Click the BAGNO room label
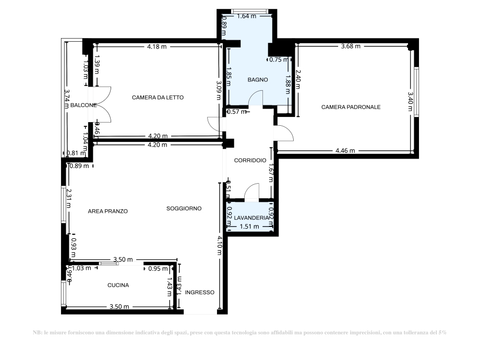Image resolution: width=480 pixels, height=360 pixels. click(x=258, y=80)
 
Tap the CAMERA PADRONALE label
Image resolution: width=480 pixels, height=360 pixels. click(x=351, y=107)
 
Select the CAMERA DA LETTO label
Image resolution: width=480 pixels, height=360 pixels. click(x=158, y=98)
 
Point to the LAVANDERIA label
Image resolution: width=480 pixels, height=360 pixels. click(x=251, y=218)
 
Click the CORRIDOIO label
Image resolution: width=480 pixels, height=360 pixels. click(x=250, y=160)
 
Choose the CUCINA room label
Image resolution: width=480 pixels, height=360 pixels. click(x=118, y=285)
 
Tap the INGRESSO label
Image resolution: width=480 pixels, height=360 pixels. click(x=199, y=293)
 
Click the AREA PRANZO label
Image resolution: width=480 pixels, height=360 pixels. click(x=108, y=211)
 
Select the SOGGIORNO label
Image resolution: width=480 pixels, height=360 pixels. click(x=184, y=208)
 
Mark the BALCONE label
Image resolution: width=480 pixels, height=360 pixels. click(x=83, y=105)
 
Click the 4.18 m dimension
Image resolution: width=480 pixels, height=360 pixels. click(x=157, y=47)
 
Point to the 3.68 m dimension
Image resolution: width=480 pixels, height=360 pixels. click(x=350, y=46)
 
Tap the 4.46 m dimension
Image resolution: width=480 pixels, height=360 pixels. click(x=345, y=151)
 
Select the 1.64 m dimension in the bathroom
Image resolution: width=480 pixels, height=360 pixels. click(x=247, y=16)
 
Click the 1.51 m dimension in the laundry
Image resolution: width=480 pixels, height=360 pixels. click(x=249, y=226)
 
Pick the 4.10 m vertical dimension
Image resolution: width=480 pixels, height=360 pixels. click(x=218, y=245)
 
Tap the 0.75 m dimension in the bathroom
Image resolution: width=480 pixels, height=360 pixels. click(x=278, y=59)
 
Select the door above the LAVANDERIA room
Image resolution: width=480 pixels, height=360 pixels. click(x=252, y=192)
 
